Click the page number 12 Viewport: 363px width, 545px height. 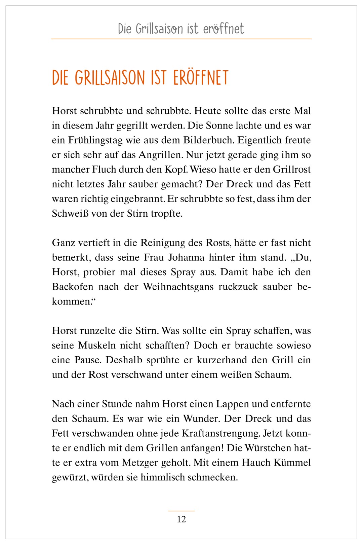[x=181, y=519]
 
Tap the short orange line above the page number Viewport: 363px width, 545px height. [x=181, y=511]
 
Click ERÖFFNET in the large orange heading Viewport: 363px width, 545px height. [x=201, y=78]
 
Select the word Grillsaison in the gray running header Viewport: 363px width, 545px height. [x=160, y=29]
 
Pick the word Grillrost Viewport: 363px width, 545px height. [x=292, y=169]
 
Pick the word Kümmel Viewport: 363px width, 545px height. [x=292, y=462]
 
